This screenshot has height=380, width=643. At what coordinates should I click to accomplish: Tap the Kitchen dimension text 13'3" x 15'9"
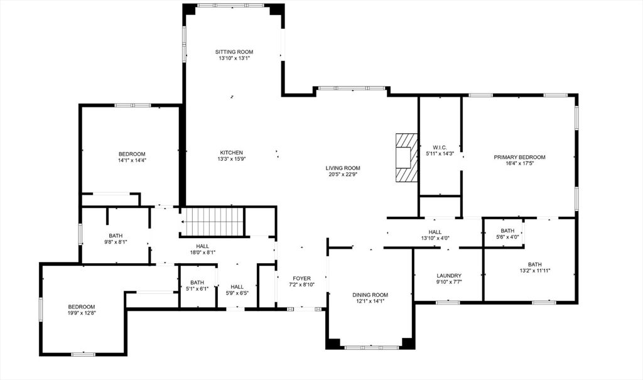click(231, 159)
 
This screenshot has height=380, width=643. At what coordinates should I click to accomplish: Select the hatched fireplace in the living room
click(406, 157)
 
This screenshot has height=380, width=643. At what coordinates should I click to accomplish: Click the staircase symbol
click(212, 221)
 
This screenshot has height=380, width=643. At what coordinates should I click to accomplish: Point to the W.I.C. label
click(440, 147)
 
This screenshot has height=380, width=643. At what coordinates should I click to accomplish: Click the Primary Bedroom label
click(519, 157)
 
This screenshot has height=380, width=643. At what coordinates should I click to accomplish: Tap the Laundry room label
click(449, 276)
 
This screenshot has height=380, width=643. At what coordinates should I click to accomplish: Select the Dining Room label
click(370, 295)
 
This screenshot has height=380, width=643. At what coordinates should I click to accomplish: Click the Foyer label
click(301, 278)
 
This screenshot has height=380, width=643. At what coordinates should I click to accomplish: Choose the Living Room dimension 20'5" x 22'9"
click(343, 175)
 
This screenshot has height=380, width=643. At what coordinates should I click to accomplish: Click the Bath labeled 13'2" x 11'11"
click(534, 264)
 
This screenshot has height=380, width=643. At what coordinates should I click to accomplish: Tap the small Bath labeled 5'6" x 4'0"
click(507, 231)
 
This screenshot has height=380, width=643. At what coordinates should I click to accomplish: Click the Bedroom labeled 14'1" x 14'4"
click(132, 154)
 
